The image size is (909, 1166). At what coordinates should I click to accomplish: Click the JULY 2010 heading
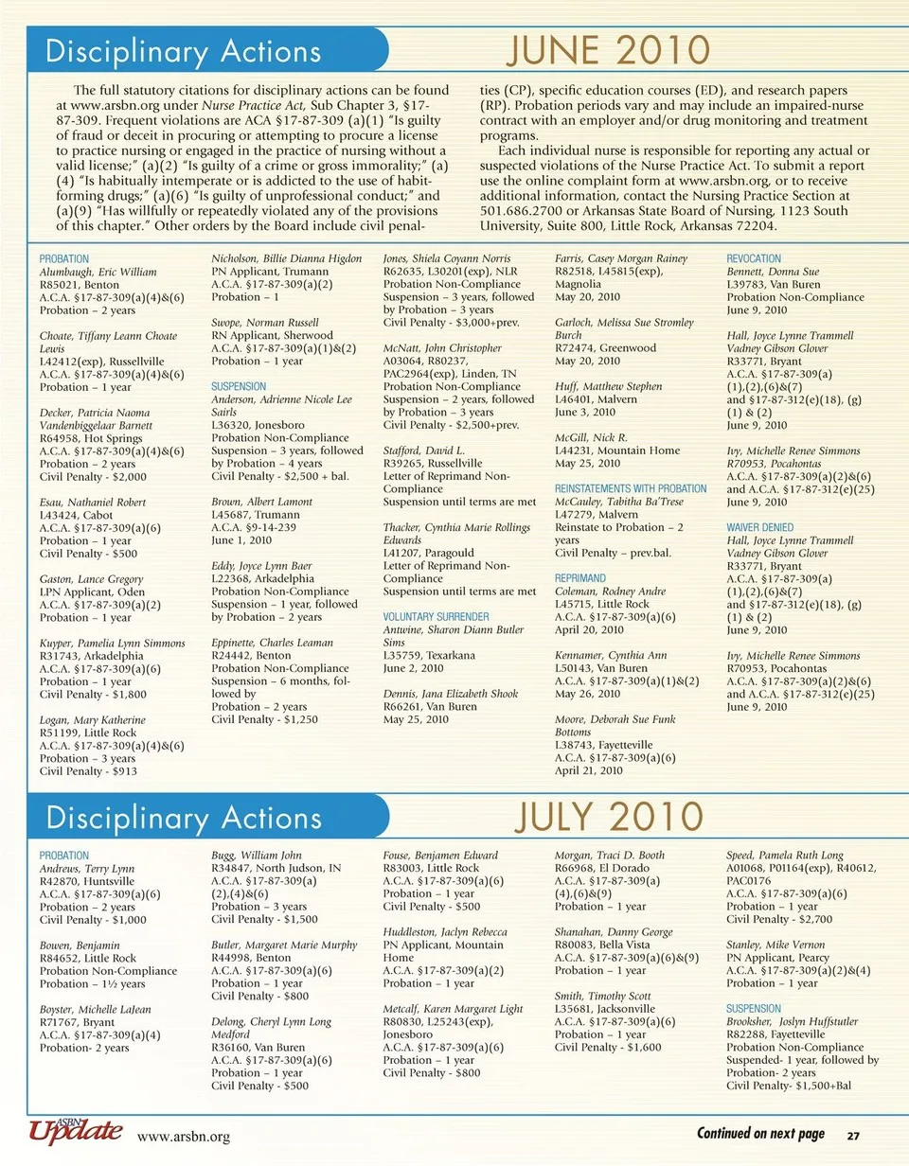(610, 816)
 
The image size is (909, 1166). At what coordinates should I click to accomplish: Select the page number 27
(852, 1135)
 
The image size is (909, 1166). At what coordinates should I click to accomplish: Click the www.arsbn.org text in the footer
(184, 1135)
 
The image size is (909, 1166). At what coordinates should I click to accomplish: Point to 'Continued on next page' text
(760, 1134)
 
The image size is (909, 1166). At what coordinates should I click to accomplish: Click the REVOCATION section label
(754, 258)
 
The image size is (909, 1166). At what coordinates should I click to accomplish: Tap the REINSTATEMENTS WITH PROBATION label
(631, 488)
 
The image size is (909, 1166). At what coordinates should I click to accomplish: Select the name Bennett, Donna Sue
(773, 271)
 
